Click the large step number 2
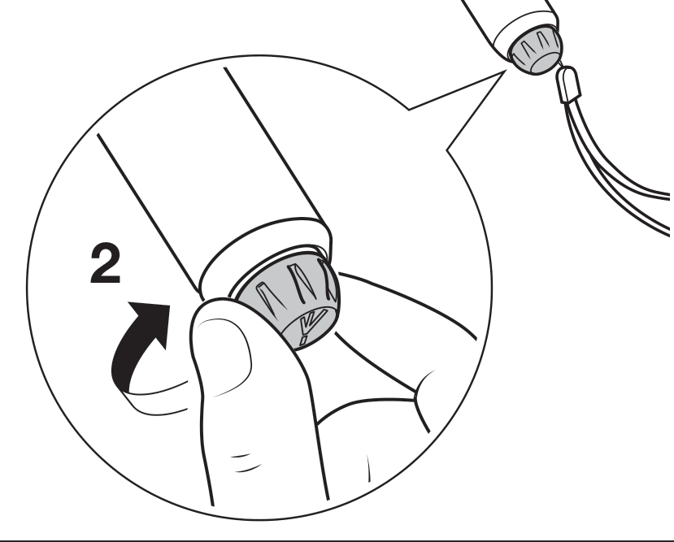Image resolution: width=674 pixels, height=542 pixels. [106, 262]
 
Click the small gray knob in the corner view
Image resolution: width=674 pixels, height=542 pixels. [535, 50]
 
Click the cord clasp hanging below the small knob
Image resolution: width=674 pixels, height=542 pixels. [568, 85]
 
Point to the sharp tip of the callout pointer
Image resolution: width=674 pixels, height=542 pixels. [505, 72]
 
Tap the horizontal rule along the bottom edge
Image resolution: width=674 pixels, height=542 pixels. [337, 540]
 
